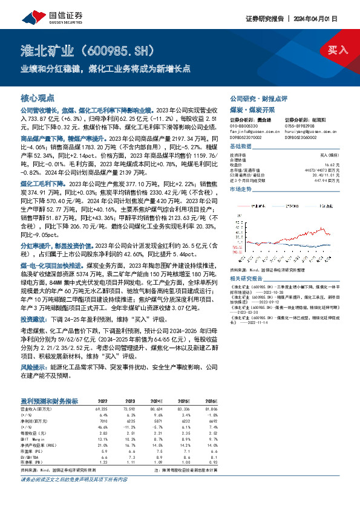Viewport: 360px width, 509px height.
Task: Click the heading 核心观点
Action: click(x=38, y=97)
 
